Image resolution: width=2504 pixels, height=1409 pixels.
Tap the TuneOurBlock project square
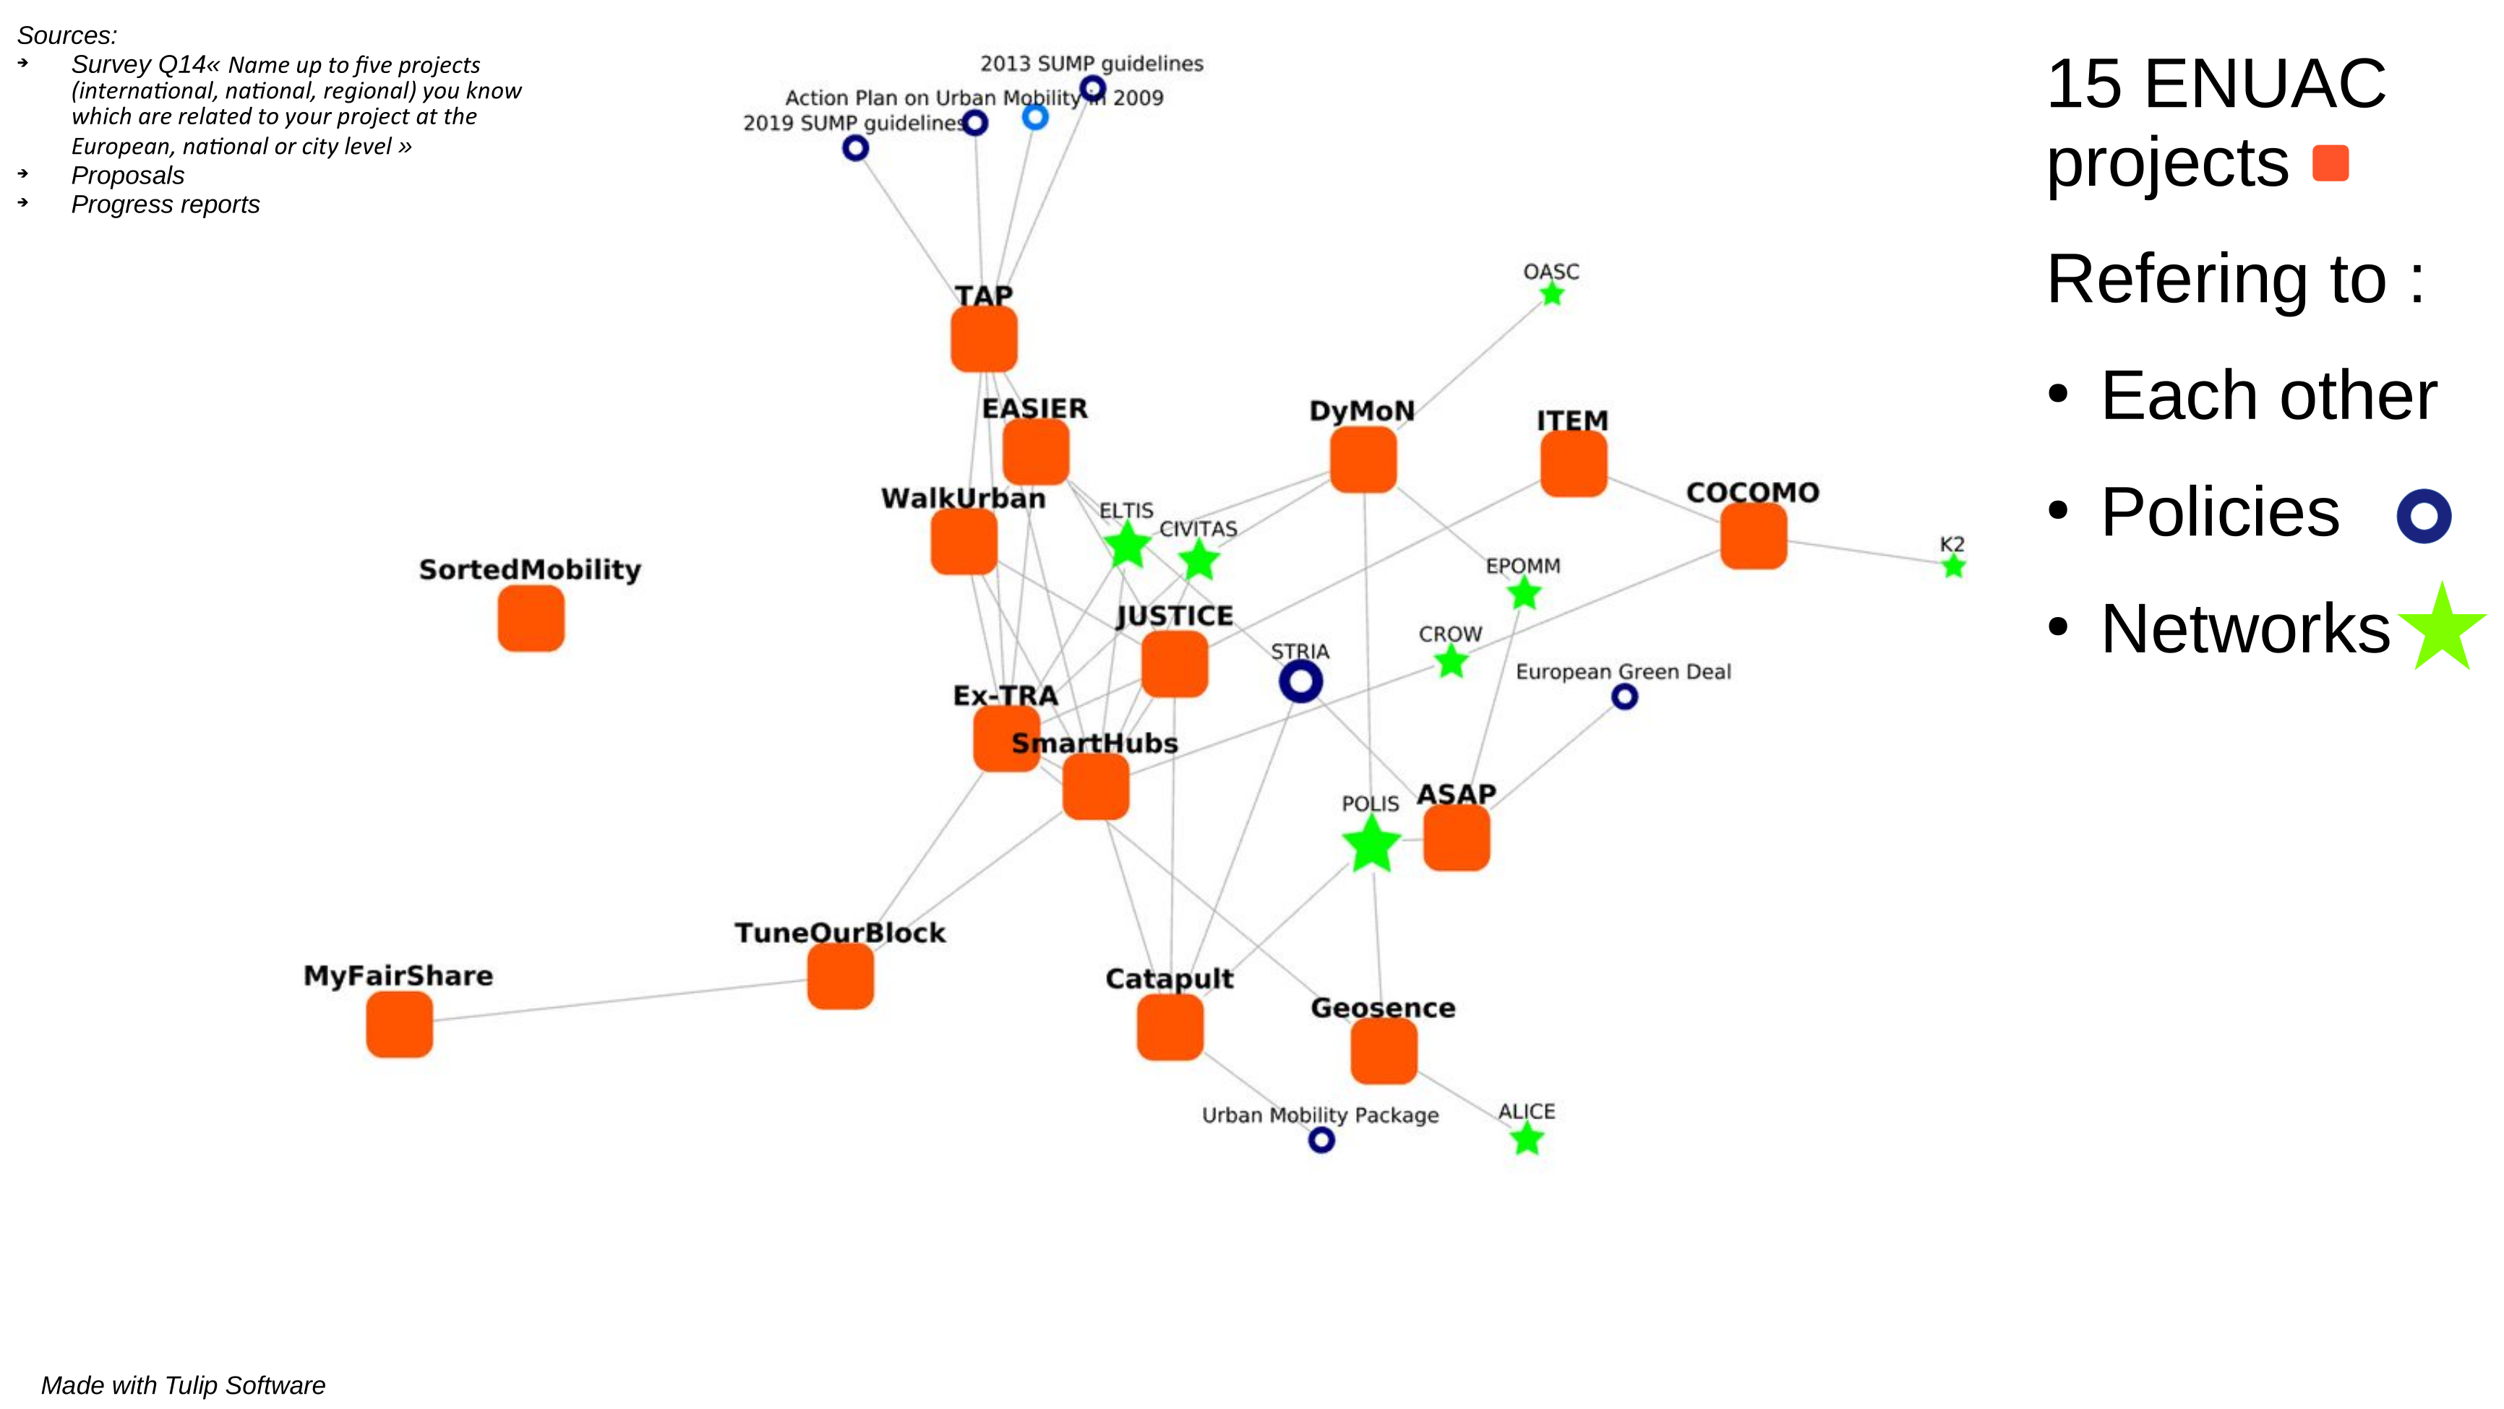pyautogui.click(x=841, y=977)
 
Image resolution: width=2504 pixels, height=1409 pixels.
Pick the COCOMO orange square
pyautogui.click(x=1754, y=535)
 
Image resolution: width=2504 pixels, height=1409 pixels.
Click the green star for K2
pyautogui.click(x=1954, y=566)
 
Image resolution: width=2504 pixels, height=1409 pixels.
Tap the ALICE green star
pyautogui.click(x=1528, y=1139)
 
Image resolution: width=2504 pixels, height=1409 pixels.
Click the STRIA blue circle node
pyautogui.click(x=1300, y=681)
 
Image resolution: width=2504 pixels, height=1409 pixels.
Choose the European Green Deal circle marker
pyautogui.click(x=1624, y=697)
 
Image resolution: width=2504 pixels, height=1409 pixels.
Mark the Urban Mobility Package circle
pyautogui.click(x=1321, y=1139)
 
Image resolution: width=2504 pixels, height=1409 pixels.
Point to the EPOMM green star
pyautogui.click(x=1525, y=593)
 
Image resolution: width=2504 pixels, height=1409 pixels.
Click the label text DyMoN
pyautogui.click(x=1362, y=411)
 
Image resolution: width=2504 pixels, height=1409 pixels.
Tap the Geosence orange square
pyautogui.click(x=1384, y=1051)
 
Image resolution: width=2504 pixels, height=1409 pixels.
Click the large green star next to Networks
pyautogui.click(x=2442, y=629)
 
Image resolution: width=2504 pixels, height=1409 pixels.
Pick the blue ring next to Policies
pyautogui.click(x=2423, y=515)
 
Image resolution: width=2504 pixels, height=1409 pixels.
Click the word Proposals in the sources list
pyautogui.click(x=127, y=176)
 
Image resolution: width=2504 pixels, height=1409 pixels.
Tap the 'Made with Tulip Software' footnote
pyautogui.click(x=183, y=1384)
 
